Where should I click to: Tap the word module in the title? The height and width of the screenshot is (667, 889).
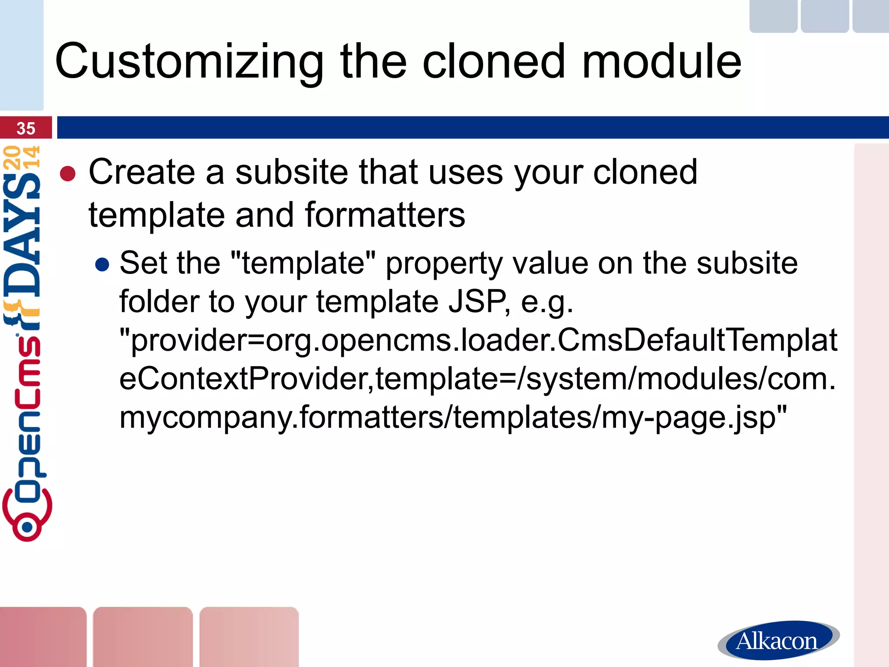point(662,62)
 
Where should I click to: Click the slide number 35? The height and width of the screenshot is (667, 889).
point(26,129)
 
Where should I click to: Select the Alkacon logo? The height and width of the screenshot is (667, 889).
point(778,641)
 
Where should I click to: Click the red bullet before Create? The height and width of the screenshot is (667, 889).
point(68,174)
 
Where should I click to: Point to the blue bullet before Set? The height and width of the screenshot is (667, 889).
point(102,264)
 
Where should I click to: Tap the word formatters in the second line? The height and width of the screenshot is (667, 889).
point(385,215)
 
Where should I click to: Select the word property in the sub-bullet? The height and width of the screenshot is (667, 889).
point(444,264)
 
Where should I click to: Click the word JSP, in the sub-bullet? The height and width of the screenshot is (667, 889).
point(479,301)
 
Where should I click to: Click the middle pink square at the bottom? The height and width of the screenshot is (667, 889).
point(142,637)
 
